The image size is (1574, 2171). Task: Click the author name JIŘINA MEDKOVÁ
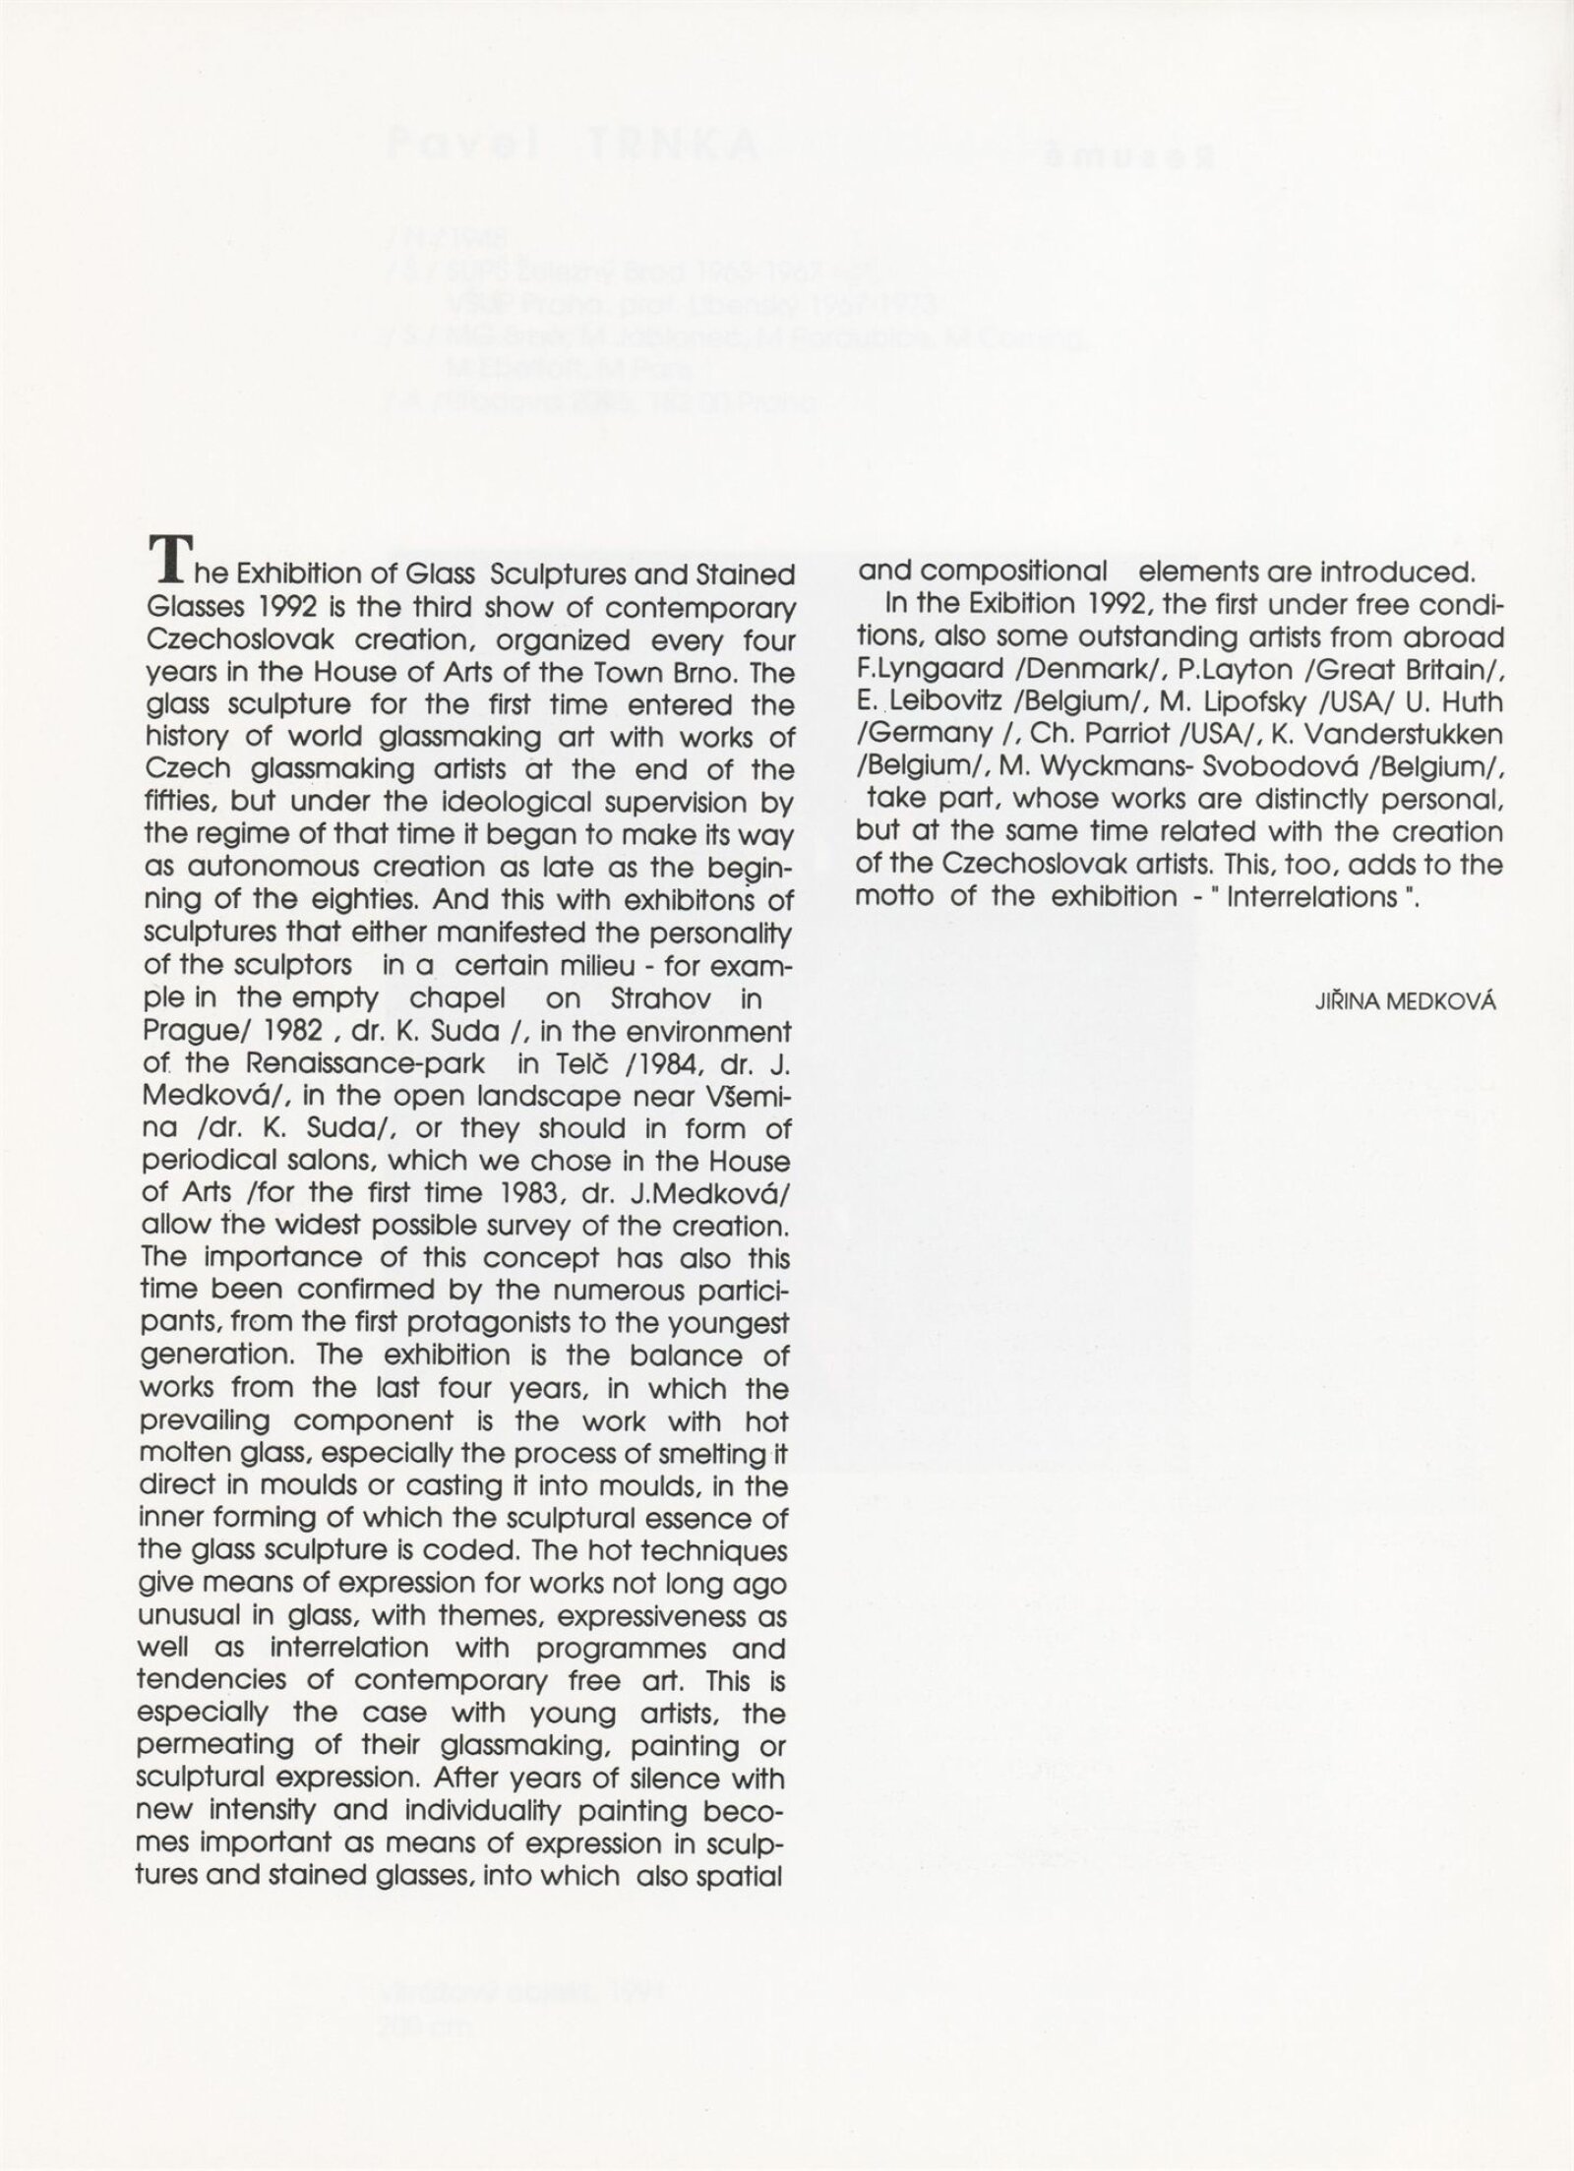(x=1405, y=1002)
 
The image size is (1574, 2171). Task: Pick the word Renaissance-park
(x=364, y=1063)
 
